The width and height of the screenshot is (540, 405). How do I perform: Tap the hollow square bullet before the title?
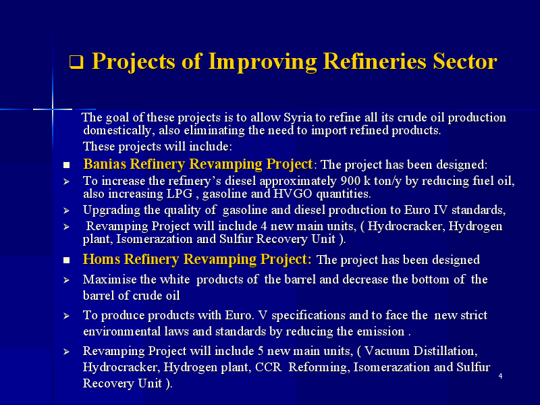tap(76, 62)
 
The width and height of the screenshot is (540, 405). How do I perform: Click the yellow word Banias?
tap(105, 164)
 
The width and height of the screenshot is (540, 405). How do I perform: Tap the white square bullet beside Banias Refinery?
tap(66, 165)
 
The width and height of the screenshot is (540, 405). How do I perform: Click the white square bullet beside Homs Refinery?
tap(66, 261)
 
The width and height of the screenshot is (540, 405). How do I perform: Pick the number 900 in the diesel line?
tap(350, 181)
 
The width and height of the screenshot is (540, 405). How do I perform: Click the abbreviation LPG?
tap(180, 194)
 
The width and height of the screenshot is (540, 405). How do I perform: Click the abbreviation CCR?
tap(268, 367)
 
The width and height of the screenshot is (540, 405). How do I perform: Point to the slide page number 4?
tap(500, 376)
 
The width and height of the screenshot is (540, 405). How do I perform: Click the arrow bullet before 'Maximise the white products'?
tap(66, 280)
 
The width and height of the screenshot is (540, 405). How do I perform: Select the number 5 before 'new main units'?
tap(261, 351)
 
